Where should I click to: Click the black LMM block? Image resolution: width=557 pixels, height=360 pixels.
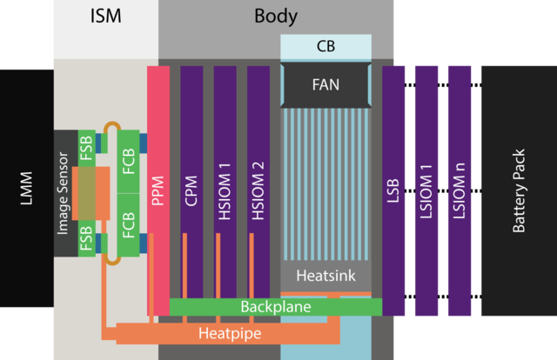(x=27, y=188)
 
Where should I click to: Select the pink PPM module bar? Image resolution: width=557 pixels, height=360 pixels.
(x=158, y=190)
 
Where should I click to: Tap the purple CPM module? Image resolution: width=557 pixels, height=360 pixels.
(x=191, y=182)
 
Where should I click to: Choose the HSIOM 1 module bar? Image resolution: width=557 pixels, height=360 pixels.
(x=225, y=182)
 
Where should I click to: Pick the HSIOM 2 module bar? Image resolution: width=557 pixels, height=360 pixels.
(x=258, y=182)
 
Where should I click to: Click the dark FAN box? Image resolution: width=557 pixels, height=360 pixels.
(x=325, y=84)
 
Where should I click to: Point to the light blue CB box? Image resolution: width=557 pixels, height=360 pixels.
(x=325, y=47)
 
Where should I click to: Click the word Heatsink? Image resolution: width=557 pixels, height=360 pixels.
(x=325, y=276)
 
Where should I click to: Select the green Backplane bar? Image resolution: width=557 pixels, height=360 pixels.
(x=276, y=307)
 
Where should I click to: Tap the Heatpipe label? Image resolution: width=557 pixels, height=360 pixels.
(x=230, y=333)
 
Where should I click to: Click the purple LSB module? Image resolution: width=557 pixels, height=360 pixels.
(x=393, y=190)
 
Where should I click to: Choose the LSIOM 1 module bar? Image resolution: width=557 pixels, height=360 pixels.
(x=426, y=190)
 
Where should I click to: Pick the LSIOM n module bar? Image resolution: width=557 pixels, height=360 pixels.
(x=460, y=190)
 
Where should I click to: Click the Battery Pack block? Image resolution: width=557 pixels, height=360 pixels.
(x=519, y=190)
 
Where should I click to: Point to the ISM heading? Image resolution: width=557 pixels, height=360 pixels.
(x=106, y=17)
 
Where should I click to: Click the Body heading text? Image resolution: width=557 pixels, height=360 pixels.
(x=276, y=17)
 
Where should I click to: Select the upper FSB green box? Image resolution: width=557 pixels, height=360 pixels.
(x=87, y=149)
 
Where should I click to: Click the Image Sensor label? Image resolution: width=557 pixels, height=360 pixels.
(x=63, y=194)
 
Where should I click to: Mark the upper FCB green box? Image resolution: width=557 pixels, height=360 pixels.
(x=128, y=162)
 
